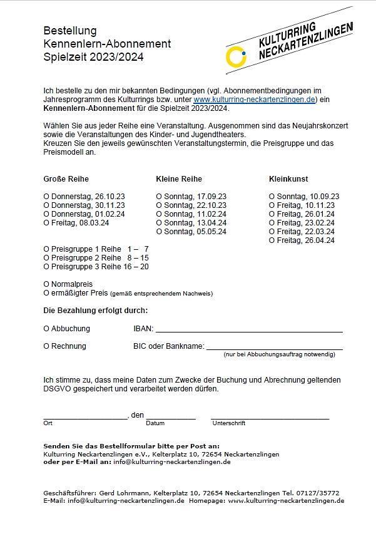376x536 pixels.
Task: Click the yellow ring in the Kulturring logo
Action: (236, 56)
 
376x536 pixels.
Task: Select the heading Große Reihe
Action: (66, 179)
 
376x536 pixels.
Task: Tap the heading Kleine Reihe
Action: (179, 179)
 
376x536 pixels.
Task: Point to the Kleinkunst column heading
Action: (288, 179)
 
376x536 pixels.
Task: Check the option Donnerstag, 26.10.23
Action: (46, 197)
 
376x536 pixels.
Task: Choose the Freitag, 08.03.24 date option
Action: (46, 223)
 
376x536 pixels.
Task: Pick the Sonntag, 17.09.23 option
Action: (159, 197)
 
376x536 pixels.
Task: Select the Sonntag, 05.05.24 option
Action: (159, 232)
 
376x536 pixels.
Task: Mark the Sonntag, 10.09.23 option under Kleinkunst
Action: (272, 197)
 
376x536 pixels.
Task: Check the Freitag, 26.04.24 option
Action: (272, 240)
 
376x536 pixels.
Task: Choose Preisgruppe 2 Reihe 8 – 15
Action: (46, 258)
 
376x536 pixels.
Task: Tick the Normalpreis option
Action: (46, 284)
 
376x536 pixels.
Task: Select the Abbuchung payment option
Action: (46, 329)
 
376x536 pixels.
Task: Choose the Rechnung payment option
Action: (46, 346)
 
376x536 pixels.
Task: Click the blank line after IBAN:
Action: (248, 331)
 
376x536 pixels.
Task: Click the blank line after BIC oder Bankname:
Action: (274, 348)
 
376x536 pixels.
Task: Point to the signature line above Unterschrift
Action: (270, 417)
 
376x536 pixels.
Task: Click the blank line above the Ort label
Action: (85, 417)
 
